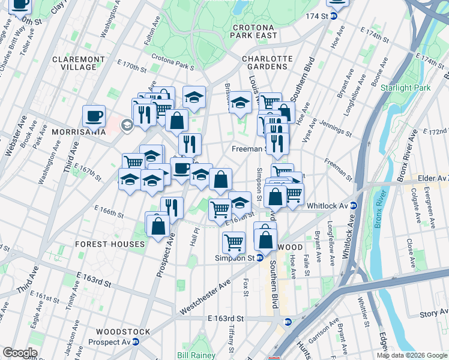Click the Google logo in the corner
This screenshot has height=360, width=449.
[19, 353]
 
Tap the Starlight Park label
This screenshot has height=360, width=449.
[405, 88]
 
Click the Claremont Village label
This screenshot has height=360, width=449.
[83, 63]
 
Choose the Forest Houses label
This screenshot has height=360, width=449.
[110, 244]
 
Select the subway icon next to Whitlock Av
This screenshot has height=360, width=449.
[354, 206]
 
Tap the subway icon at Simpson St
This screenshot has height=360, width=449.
[260, 257]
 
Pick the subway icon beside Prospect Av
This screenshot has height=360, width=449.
[136, 342]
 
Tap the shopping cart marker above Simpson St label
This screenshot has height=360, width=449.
[234, 242]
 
